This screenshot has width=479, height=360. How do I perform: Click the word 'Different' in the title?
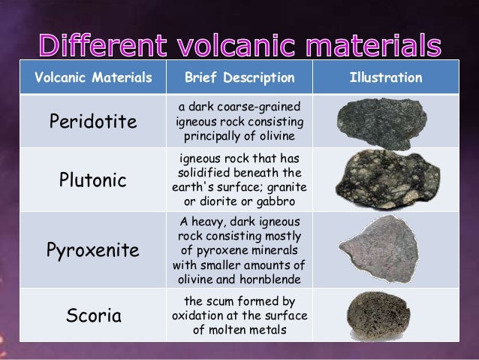(x=110, y=47)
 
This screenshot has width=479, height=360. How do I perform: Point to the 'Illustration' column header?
(x=386, y=78)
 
